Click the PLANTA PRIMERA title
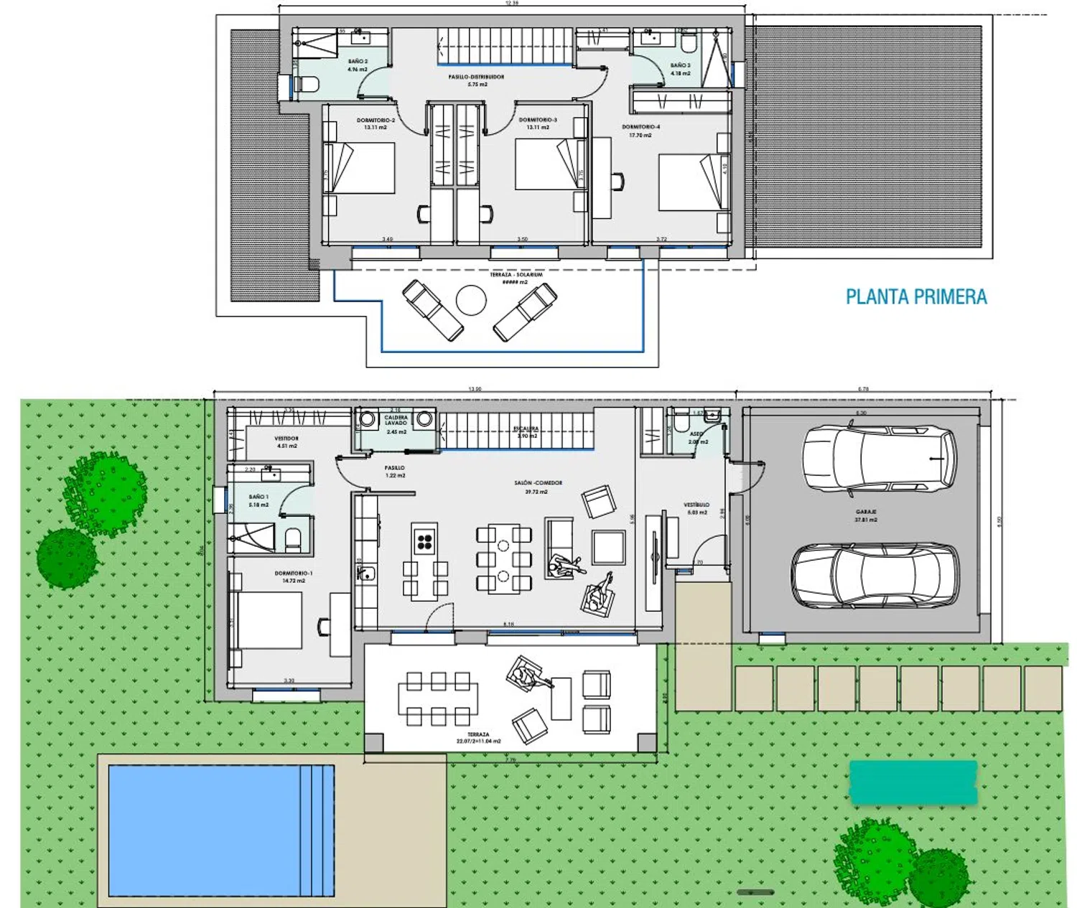[x=916, y=296]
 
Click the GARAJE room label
[x=865, y=512]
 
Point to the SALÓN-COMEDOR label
[x=538, y=484]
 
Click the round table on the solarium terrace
[x=471, y=300]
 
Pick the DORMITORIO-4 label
[x=640, y=127]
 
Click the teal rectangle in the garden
[x=913, y=782]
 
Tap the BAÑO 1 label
[x=258, y=497]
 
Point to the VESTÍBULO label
[x=696, y=505]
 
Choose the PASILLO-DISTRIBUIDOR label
[x=476, y=77]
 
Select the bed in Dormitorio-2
[x=360, y=168]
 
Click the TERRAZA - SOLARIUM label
[x=516, y=275]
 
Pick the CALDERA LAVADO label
[x=396, y=420]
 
